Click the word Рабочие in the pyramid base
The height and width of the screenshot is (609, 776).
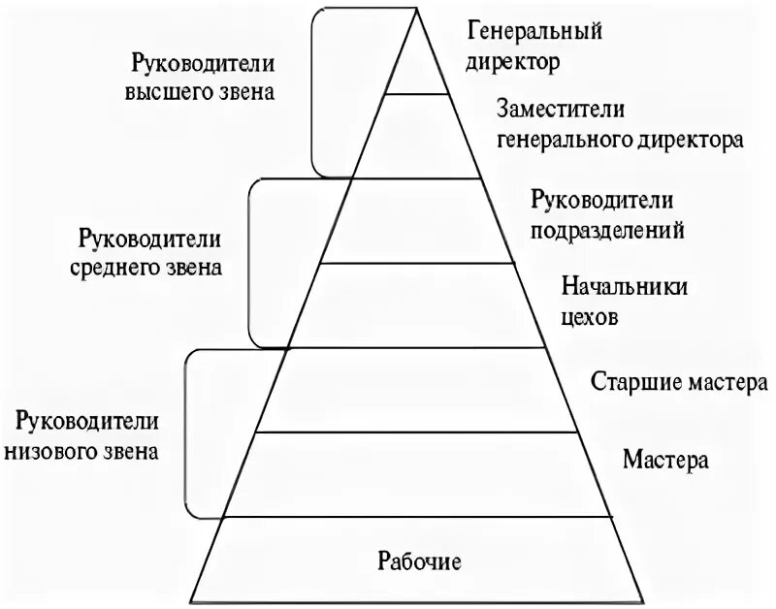tap(419, 561)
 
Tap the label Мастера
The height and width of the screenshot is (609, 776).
tap(666, 458)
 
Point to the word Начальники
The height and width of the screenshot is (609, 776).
tap(625, 289)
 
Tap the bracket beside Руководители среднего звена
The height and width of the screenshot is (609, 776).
tap(250, 262)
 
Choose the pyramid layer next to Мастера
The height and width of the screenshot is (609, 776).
tap(418, 474)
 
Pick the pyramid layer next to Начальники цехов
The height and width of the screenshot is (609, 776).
tap(418, 304)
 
